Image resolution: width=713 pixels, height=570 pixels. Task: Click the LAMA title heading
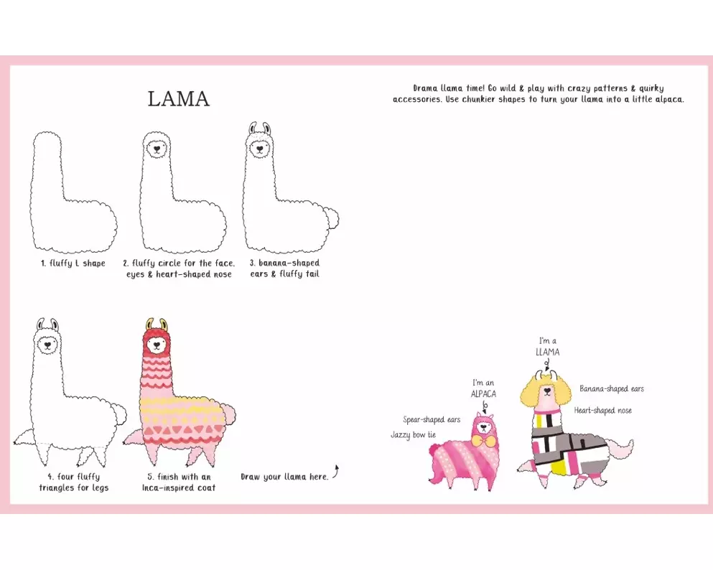pos(179,99)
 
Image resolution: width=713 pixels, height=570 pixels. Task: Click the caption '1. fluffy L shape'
pos(73,263)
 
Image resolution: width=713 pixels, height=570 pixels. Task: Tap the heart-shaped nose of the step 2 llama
pos(157,148)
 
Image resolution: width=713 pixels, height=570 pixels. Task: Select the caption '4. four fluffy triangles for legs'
pos(74,482)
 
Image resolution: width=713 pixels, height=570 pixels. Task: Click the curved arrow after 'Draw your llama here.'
pos(336,472)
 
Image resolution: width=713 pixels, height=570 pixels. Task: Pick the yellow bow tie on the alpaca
pos(483,441)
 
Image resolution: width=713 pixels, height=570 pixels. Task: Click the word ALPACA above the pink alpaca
pos(483,394)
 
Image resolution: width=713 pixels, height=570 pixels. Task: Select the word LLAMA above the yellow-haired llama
pos(547,352)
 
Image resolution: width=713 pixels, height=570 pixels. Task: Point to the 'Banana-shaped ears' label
pos(612,388)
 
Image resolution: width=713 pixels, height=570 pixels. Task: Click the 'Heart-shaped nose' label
pos(602,411)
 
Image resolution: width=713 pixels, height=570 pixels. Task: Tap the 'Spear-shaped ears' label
pos(432,419)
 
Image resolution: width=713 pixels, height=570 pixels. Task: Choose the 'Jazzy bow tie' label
pos(414,435)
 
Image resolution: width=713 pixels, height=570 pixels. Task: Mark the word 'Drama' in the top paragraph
pos(425,88)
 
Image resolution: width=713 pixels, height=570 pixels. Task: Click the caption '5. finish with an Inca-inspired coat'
pos(179,482)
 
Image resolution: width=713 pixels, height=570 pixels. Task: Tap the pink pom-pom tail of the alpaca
pos(434,450)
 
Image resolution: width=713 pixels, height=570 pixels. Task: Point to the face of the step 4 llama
pos(47,345)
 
